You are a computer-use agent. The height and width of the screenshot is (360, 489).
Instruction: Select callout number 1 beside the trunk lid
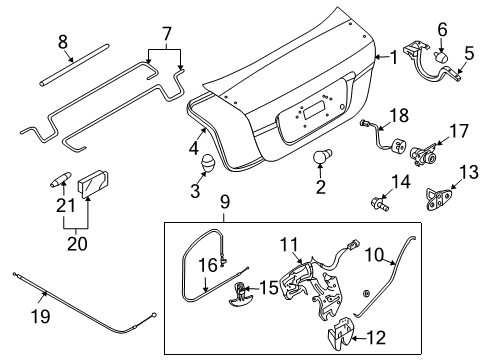click(392, 59)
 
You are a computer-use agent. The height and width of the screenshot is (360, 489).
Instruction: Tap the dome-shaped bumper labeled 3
click(208, 163)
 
